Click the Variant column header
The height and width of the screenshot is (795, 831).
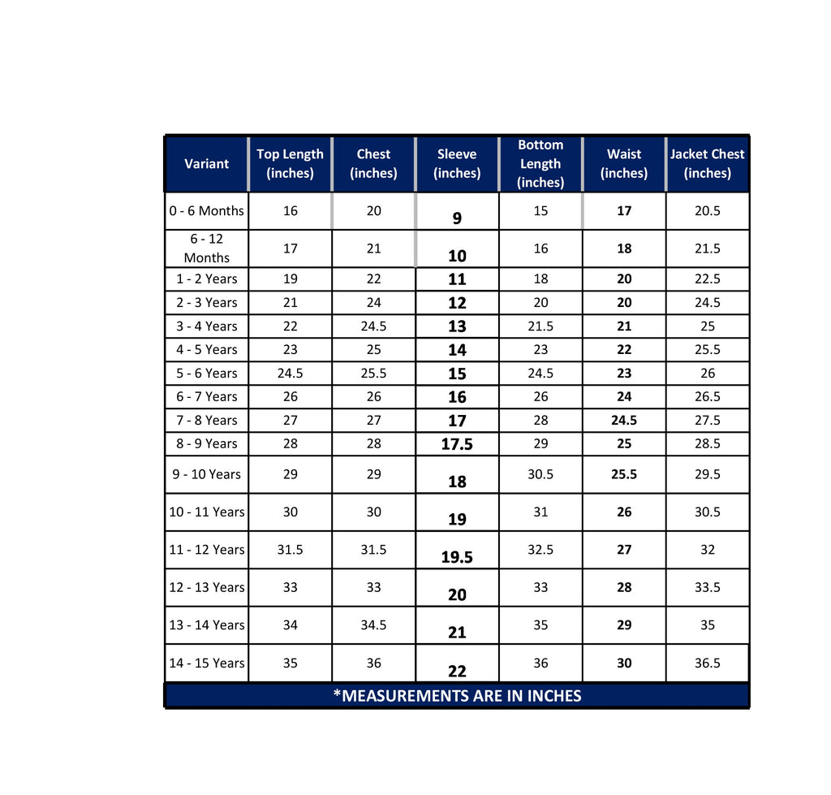click(x=206, y=163)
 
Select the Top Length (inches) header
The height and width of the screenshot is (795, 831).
click(x=290, y=163)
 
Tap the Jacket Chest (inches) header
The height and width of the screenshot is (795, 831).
click(x=707, y=163)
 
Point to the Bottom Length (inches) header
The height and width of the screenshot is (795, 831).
click(x=540, y=163)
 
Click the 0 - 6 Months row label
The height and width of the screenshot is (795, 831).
click(x=206, y=210)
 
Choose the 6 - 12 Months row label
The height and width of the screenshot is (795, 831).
click(x=206, y=248)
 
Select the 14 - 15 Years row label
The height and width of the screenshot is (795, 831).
click(x=206, y=663)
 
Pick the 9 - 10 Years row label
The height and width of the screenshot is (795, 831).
click(x=206, y=474)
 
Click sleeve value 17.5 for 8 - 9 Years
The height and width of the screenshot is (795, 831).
click(x=457, y=444)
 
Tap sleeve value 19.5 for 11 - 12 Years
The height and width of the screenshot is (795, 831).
click(x=457, y=557)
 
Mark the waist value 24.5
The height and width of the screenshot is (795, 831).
click(x=623, y=420)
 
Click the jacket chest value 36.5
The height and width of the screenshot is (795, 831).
click(x=707, y=663)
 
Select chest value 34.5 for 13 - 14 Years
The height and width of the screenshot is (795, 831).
click(x=373, y=624)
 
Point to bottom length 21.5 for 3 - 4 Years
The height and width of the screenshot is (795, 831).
click(x=540, y=326)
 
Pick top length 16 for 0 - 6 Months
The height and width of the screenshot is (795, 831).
click(x=290, y=210)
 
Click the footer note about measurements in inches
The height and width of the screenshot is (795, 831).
click(x=457, y=696)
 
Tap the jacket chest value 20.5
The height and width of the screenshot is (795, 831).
click(x=707, y=210)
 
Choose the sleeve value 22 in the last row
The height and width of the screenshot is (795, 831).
click(x=457, y=671)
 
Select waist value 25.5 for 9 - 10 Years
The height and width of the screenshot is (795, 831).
click(x=623, y=474)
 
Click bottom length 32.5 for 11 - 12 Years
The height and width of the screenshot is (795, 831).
click(x=540, y=550)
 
